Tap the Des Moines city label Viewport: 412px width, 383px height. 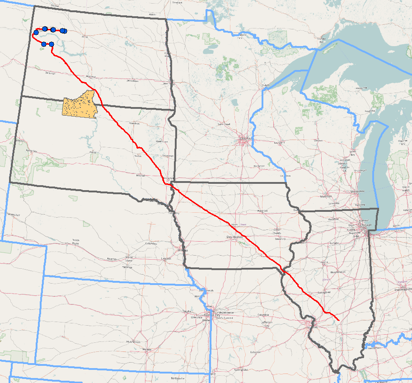pyautogui.click(x=235, y=237)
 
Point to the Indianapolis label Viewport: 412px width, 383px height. pyautogui.click(x=404, y=288)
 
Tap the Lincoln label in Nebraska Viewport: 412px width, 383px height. pyautogui.click(x=166, y=258)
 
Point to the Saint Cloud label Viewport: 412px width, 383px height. pyautogui.click(x=224, y=124)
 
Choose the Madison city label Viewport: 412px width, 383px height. pyautogui.click(x=326, y=196)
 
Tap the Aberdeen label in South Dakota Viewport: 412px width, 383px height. pyautogui.click(x=134, y=123)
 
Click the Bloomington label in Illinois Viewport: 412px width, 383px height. pyautogui.click(x=338, y=272)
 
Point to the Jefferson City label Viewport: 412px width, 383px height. pyautogui.click(x=267, y=323)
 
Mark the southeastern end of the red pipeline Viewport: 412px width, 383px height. pyautogui.click(x=339, y=320)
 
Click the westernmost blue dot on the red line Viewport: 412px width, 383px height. pyautogui.click(x=36, y=32)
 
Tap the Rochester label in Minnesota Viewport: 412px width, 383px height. pyautogui.click(x=259, y=166)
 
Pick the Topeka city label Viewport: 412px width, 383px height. pyautogui.click(x=187, y=311)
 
